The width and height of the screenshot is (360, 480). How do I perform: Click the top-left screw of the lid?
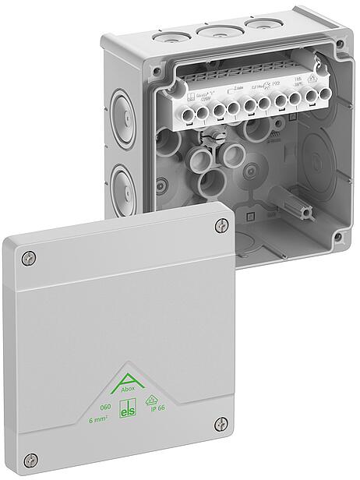pyautogui.click(x=29, y=258)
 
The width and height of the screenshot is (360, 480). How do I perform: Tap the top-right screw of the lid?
pyautogui.click(x=218, y=226)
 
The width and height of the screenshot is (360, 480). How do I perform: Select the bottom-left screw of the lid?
pyautogui.click(x=30, y=459)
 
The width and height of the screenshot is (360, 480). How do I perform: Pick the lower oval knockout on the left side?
pyautogui.click(x=122, y=184)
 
